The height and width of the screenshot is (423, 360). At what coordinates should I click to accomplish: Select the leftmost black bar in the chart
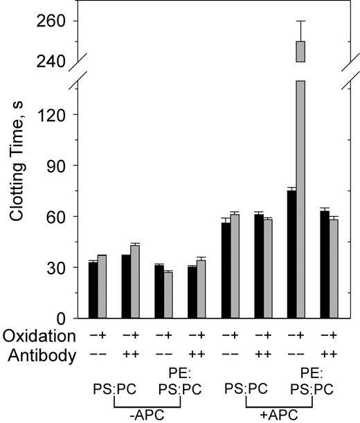click(x=93, y=290)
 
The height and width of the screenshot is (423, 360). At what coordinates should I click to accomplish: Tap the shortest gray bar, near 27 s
click(x=168, y=295)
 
